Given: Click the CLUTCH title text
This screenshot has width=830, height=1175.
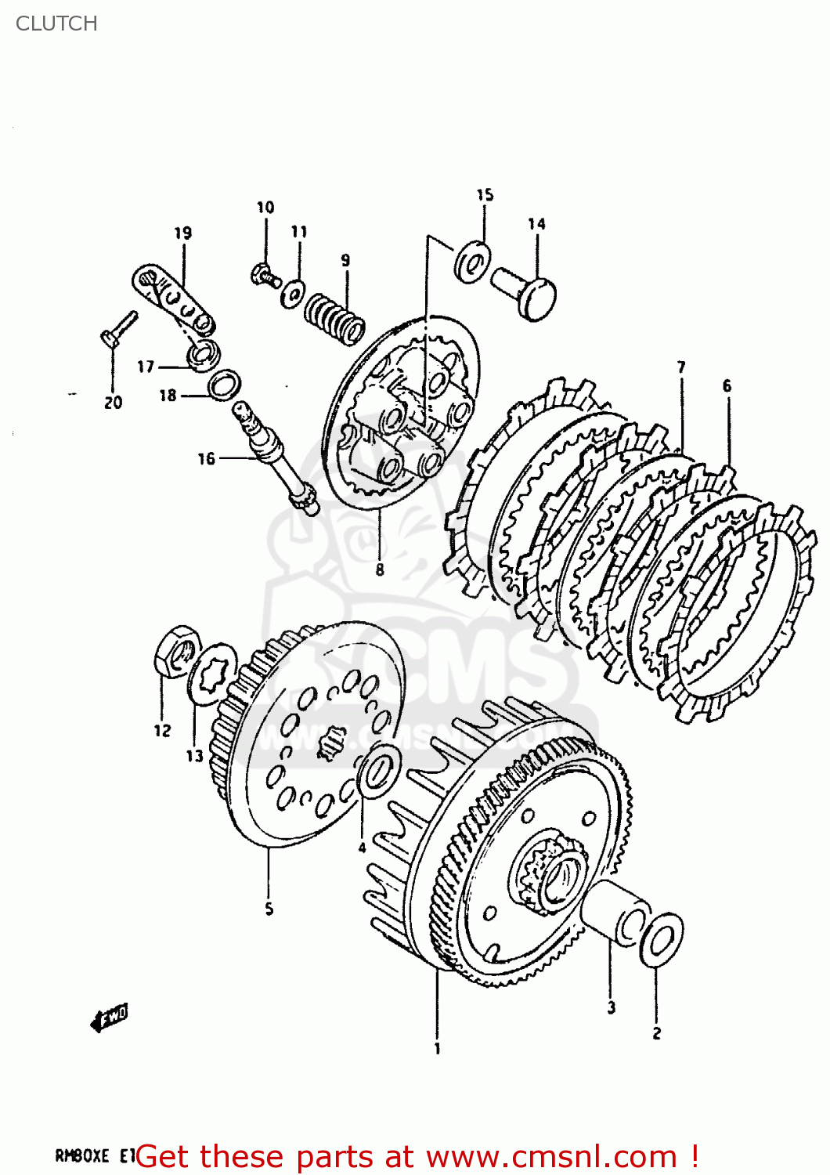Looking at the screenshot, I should click(56, 23).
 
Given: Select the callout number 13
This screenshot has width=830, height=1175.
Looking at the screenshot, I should click(194, 755).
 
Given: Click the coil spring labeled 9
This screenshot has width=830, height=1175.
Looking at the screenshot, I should click(334, 318).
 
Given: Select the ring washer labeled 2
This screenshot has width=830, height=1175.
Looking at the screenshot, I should click(661, 938).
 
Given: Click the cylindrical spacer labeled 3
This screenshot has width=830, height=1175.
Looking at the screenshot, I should click(617, 912).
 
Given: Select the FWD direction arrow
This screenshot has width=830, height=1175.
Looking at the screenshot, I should click(110, 1018).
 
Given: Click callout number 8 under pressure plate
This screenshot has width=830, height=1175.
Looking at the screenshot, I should click(380, 569).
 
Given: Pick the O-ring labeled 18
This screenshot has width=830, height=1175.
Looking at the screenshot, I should click(225, 385).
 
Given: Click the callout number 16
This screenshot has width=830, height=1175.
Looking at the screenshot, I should click(206, 458).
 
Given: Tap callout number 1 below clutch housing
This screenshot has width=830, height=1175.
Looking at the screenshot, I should click(437, 1048).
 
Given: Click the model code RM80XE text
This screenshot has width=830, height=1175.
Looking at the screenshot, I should click(82, 1155).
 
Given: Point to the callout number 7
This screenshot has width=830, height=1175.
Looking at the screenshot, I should click(681, 367).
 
